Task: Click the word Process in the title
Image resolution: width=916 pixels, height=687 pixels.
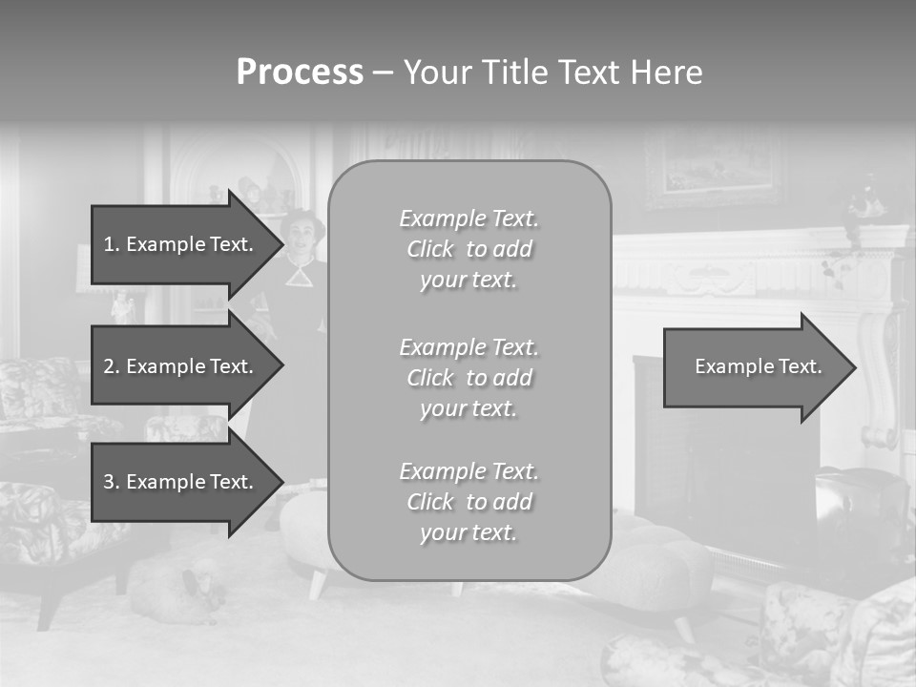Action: click(300, 73)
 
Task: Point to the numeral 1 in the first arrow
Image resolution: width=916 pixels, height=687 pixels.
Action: click(108, 244)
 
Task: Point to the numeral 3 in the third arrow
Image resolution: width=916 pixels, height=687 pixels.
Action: click(109, 482)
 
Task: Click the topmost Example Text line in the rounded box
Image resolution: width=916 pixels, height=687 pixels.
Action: click(468, 219)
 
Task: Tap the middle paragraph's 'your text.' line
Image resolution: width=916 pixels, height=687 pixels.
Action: click(468, 408)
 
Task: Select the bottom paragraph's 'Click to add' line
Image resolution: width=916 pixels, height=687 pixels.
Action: click(468, 502)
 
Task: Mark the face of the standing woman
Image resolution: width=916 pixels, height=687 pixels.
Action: click(302, 238)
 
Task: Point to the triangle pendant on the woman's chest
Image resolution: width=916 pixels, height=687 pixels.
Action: click(301, 277)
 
